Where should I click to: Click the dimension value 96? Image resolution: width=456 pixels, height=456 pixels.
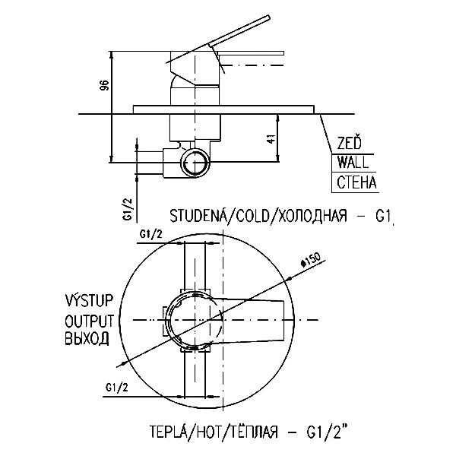coord(103,87)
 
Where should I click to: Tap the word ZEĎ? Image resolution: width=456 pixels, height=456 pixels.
coord(349,143)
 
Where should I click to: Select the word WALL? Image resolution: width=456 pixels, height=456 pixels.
coord(353,163)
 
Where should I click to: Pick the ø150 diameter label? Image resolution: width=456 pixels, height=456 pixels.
coord(310,258)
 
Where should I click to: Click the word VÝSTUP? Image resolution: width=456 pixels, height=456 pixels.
coord(88,300)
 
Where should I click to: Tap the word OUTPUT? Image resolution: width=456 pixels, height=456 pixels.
coord(88,319)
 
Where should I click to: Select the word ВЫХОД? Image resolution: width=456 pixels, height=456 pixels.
coord(87,338)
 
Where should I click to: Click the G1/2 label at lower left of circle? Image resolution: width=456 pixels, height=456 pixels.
coord(117,388)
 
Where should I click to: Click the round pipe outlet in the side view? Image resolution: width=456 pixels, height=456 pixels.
coord(195,163)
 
